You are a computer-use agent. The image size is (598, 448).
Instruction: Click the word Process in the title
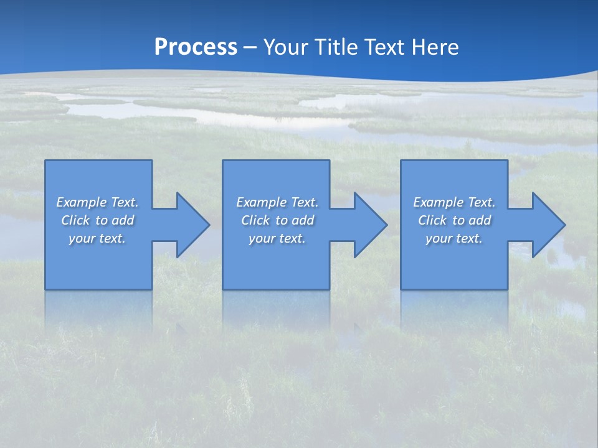point(196,47)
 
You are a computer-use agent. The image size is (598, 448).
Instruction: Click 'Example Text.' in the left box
point(97,202)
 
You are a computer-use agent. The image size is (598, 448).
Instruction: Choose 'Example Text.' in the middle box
point(277,202)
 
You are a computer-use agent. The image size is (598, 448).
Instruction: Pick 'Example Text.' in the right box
point(454,202)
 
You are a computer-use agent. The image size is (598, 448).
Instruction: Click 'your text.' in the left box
point(97,238)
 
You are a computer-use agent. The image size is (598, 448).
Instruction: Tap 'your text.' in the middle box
point(277,238)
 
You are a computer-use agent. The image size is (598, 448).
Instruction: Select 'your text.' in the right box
point(454,238)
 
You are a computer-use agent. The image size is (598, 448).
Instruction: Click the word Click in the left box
point(75,220)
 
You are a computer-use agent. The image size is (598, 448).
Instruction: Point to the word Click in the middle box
point(255,220)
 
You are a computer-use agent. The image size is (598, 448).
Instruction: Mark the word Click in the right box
point(432,220)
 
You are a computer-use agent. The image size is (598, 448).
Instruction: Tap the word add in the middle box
point(303,220)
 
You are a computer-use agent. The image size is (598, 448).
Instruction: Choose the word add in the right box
point(480,220)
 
